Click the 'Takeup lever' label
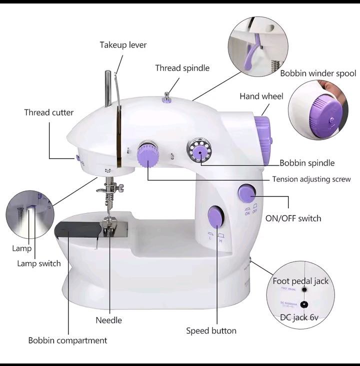(x=123, y=45)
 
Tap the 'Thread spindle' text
(x=182, y=68)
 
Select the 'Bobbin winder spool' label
(x=317, y=73)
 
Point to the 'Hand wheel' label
(x=261, y=96)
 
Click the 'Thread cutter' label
(x=48, y=112)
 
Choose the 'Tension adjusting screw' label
(x=311, y=179)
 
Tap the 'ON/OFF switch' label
(x=293, y=218)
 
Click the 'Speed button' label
(x=211, y=330)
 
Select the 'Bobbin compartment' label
(x=67, y=340)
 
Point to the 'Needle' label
(x=108, y=320)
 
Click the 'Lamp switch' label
(x=38, y=263)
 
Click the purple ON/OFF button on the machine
(x=246, y=193)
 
